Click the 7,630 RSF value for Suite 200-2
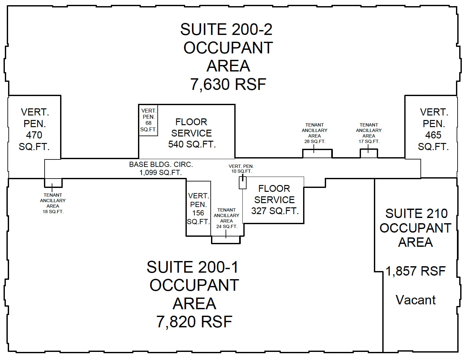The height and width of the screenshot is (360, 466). click(x=228, y=84)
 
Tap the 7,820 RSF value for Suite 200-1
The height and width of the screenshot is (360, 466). click(x=194, y=322)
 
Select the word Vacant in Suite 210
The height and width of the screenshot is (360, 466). click(x=416, y=300)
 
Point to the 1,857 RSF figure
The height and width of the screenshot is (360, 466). click(x=416, y=271)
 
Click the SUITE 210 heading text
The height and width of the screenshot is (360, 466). click(x=416, y=213)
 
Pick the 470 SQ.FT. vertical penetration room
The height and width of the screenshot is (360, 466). click(x=34, y=129)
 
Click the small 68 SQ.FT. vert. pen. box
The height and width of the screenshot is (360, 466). click(x=148, y=120)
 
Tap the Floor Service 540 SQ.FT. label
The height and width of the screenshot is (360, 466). click(x=192, y=133)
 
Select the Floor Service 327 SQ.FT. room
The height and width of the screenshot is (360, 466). click(x=274, y=200)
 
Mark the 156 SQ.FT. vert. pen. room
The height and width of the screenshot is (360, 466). click(x=198, y=209)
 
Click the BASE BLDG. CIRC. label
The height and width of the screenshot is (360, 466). click(x=161, y=164)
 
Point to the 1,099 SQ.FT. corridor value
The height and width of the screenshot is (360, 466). click(x=161, y=173)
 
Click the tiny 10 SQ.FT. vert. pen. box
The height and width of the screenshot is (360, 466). click(x=242, y=183)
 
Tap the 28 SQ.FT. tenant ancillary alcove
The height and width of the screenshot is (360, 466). click(x=317, y=154)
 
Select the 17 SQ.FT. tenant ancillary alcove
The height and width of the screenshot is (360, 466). click(x=369, y=154)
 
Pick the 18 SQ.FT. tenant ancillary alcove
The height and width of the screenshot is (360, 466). click(x=53, y=183)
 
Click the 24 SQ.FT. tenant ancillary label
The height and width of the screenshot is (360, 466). click(x=227, y=218)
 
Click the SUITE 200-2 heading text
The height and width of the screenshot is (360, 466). click(x=226, y=30)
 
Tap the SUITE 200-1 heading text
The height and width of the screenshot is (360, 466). click(x=193, y=267)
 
